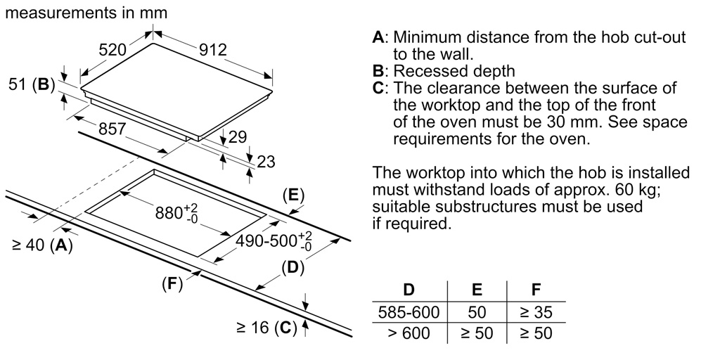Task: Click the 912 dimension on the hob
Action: pyautogui.click(x=213, y=50)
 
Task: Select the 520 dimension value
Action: pyautogui.click(x=112, y=50)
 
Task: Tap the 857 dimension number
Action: pyautogui.click(x=112, y=129)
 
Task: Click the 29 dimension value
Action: pyautogui.click(x=238, y=137)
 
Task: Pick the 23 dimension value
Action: pyautogui.click(x=266, y=162)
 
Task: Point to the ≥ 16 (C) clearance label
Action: pyautogui.click(x=266, y=328)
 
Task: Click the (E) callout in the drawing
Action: pyautogui.click(x=293, y=195)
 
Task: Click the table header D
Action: pyautogui.click(x=409, y=289)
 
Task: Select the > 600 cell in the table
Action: pyautogui.click(x=409, y=333)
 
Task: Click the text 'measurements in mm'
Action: pyautogui.click(x=85, y=13)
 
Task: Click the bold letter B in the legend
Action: pyautogui.click(x=378, y=71)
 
